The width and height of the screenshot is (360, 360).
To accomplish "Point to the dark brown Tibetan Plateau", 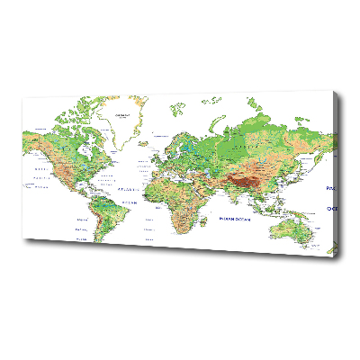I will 241,181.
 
